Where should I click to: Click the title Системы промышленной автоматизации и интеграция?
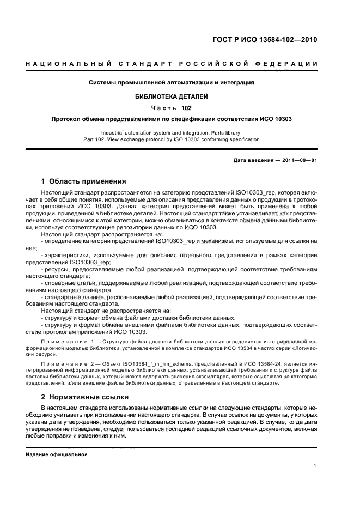[172, 83]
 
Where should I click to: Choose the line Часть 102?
[172, 107]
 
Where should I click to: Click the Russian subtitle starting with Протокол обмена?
[172, 119]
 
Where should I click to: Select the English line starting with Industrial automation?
[172, 132]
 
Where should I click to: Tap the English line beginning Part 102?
[172, 139]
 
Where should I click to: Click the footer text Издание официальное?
[57, 454]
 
